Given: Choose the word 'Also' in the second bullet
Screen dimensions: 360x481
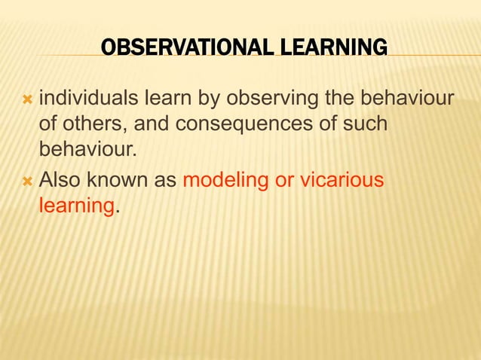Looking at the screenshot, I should click(x=60, y=181).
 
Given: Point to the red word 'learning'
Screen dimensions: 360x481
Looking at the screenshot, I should click(x=75, y=206).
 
